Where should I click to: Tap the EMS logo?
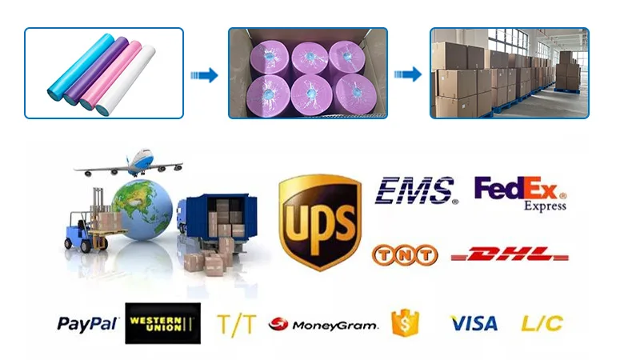[416, 191]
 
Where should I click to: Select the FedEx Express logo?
[520, 192]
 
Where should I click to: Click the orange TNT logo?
[405, 255]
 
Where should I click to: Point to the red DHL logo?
[510, 255]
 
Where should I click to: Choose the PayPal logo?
[87, 324]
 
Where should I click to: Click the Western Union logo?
[161, 324]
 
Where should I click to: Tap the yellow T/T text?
[236, 324]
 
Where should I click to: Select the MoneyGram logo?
[323, 325]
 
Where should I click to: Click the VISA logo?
[474, 324]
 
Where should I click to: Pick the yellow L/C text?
[542, 324]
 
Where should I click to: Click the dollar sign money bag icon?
[405, 322]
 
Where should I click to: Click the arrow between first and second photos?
[206, 75]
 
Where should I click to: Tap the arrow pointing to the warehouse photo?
[408, 75]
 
